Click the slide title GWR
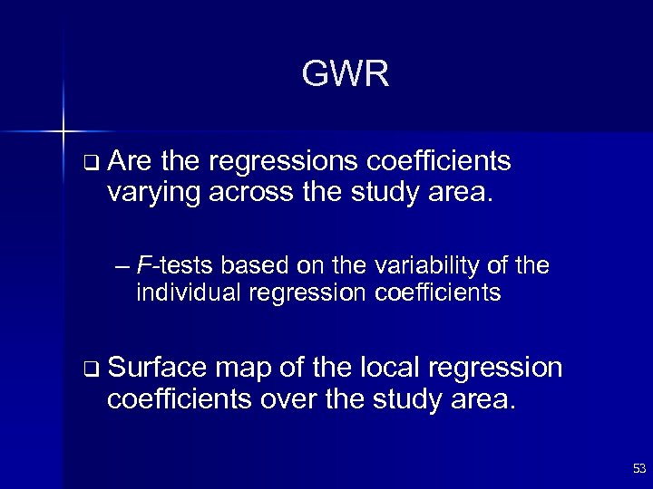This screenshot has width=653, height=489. [346, 74]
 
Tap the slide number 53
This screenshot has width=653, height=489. [638, 468]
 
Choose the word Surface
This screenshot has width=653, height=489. [157, 369]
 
